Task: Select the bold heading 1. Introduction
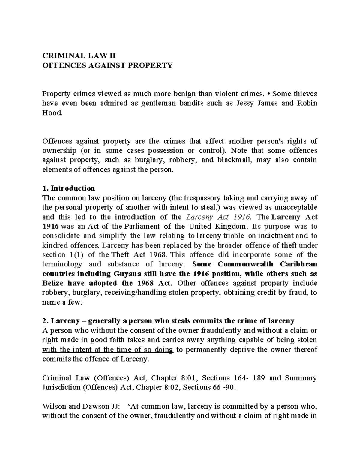tap(69, 188)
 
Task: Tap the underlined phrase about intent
tap(108, 350)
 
